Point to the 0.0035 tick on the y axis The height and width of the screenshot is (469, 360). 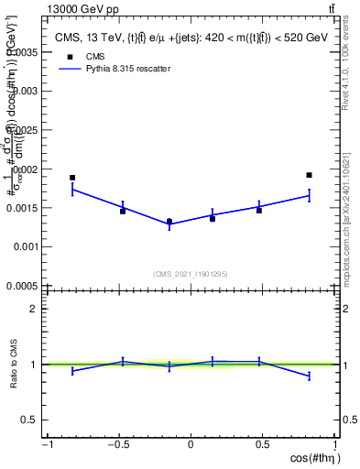click(x=27, y=53)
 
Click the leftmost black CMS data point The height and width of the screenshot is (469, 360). click(x=72, y=178)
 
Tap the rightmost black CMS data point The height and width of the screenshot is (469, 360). click(x=310, y=175)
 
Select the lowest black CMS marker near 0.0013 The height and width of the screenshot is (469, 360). click(x=169, y=221)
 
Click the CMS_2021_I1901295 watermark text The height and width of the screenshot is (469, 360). click(x=191, y=274)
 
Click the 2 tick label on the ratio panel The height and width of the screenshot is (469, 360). click(x=33, y=309)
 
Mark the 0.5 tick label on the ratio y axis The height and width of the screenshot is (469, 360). click(x=29, y=420)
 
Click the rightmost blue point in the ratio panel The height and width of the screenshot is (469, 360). click(x=310, y=376)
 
